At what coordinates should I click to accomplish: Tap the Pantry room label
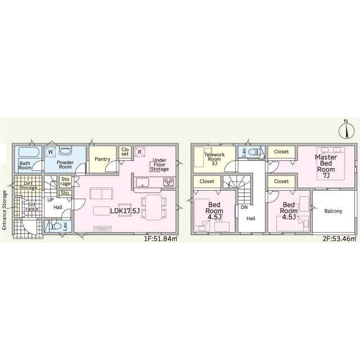click(102, 159)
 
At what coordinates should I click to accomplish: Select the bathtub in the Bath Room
click(29, 152)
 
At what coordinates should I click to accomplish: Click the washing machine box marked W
click(51, 152)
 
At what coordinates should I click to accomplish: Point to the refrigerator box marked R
click(139, 152)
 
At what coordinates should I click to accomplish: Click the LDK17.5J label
click(125, 211)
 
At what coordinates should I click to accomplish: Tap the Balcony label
click(333, 211)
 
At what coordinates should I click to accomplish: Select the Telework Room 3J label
click(214, 159)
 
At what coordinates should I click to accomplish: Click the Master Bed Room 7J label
click(326, 166)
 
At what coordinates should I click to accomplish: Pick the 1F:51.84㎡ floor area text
click(161, 238)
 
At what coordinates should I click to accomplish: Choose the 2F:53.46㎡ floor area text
click(340, 238)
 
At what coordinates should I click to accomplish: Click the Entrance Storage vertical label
click(4, 210)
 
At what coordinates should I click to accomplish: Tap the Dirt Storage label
click(28, 186)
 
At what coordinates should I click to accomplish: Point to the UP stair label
click(50, 200)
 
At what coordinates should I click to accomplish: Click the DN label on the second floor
click(244, 208)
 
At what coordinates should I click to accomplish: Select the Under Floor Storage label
click(160, 165)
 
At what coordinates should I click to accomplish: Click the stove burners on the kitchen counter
click(168, 182)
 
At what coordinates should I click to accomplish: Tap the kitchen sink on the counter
click(142, 182)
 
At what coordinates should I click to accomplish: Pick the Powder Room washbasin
click(65, 151)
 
